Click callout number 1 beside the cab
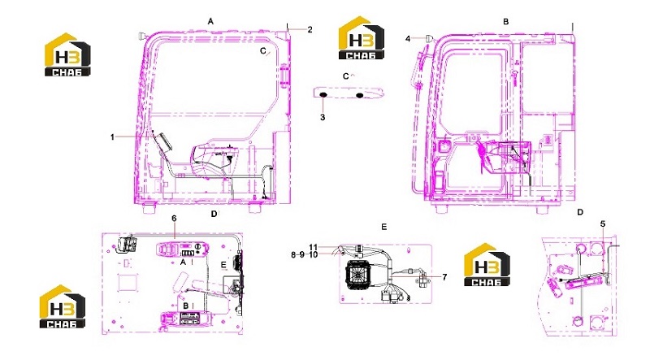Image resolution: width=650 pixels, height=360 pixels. [112, 137]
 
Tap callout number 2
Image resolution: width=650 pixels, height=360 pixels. [310, 29]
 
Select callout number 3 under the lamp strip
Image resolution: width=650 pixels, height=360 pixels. [323, 117]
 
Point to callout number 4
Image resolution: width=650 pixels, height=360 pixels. [408, 38]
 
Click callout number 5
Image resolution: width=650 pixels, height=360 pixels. [603, 224]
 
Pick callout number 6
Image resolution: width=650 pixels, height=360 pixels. [174, 218]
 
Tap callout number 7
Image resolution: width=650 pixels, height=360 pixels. [444, 277]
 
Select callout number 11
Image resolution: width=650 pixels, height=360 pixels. [313, 248]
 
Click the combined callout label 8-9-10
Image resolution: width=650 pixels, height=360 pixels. [304, 254]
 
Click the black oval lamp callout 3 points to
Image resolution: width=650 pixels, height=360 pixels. [323, 96]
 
